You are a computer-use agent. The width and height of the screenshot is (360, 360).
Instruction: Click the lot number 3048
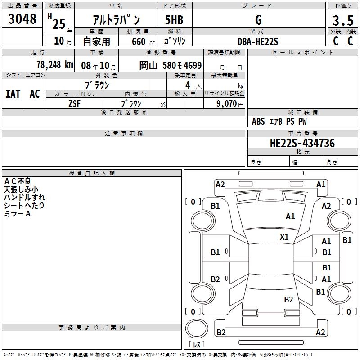point(22,19)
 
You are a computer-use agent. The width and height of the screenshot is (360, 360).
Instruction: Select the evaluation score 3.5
point(342,21)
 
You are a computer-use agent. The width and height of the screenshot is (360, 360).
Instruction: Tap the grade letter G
point(258,20)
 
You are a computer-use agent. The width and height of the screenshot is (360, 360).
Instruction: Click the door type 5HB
point(174,20)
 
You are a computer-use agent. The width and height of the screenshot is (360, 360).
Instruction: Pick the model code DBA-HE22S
point(258,41)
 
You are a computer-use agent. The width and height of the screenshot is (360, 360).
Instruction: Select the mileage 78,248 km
point(54,65)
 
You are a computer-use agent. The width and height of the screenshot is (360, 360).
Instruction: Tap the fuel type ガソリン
point(175,41)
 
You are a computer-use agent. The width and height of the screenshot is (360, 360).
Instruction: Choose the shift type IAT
point(13,94)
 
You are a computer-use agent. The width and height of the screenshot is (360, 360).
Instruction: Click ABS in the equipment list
point(258,121)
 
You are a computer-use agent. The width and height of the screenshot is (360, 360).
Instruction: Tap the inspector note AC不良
point(18,181)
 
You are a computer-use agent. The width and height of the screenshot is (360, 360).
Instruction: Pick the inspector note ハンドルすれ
point(24,198)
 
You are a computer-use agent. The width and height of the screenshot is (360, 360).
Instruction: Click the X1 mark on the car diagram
point(284,237)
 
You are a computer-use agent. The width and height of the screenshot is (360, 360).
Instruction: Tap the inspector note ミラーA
point(18,214)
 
